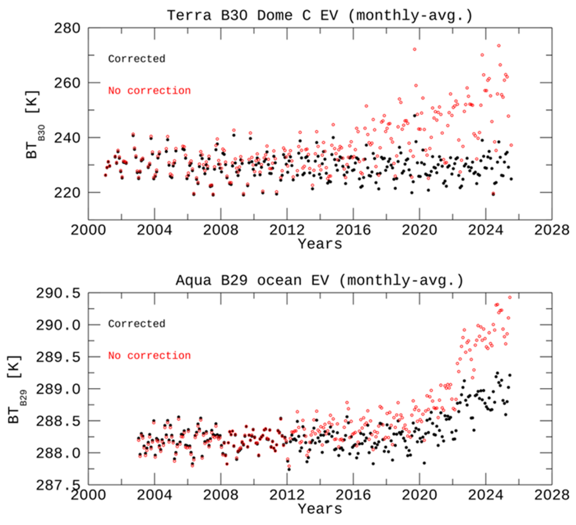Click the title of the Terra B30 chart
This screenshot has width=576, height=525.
(320, 15)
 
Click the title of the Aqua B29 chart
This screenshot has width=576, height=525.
(320, 280)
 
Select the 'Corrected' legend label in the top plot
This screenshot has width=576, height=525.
(136, 59)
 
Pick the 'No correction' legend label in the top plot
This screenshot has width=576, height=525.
(149, 90)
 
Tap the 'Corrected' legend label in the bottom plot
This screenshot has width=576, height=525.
(136, 324)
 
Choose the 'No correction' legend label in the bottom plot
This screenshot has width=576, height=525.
(149, 356)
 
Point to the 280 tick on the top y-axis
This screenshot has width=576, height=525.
(67, 29)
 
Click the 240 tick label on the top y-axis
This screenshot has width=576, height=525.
(67, 138)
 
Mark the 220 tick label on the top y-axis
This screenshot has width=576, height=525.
(67, 193)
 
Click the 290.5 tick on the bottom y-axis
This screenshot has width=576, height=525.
(58, 293)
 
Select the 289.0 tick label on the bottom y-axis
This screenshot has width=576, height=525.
(58, 389)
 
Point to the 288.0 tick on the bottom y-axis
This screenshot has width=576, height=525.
(58, 453)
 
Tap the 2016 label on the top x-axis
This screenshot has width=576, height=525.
(353, 230)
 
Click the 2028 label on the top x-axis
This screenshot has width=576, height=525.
(551, 230)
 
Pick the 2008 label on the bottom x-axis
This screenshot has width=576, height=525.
(221, 495)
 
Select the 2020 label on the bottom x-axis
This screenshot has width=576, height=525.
(419, 495)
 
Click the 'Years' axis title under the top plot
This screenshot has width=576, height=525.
(320, 244)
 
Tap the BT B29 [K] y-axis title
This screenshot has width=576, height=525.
(15, 389)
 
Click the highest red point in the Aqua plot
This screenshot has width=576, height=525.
(510, 297)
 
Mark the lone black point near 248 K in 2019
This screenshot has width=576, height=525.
(414, 116)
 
